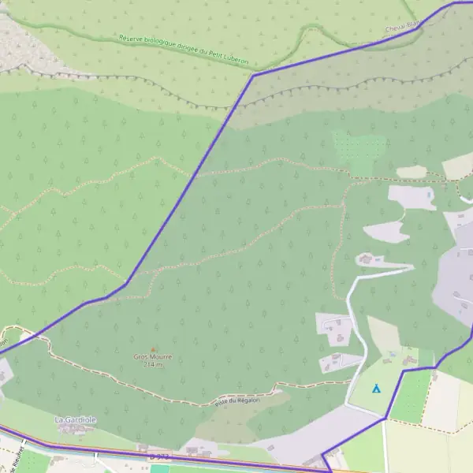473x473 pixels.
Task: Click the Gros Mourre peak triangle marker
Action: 153,349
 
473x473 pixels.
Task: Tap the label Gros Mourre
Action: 152,357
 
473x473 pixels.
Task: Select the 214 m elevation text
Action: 152,364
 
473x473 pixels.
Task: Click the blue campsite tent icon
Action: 376,389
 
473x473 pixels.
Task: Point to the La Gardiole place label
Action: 76,420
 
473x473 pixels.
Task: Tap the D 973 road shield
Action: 158,456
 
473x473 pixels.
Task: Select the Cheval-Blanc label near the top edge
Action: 401,28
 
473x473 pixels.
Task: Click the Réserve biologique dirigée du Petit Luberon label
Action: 194,50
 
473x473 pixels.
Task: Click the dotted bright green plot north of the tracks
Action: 360,150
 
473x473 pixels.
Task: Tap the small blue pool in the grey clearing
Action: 429,193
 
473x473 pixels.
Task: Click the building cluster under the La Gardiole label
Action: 76,430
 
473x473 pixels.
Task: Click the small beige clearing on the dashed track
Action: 411,172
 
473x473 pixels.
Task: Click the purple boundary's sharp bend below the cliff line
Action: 253,75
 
